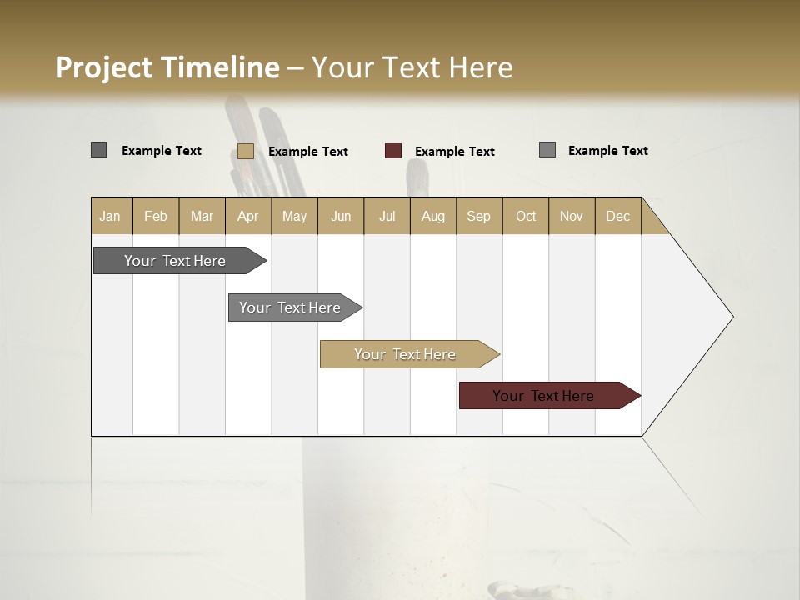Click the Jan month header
click(111, 216)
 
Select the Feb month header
click(156, 216)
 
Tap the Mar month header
click(202, 216)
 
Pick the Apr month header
click(248, 216)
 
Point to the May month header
click(294, 216)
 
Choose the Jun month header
click(341, 216)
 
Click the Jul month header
click(387, 216)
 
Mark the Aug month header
click(433, 216)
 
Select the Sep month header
click(479, 216)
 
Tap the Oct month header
click(526, 216)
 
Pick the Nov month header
click(572, 216)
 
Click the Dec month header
click(618, 216)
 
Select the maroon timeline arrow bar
click(546, 396)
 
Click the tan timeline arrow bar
click(407, 354)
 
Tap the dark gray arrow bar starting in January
click(176, 261)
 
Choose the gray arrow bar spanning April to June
click(292, 307)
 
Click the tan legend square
click(246, 151)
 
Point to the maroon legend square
click(393, 151)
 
